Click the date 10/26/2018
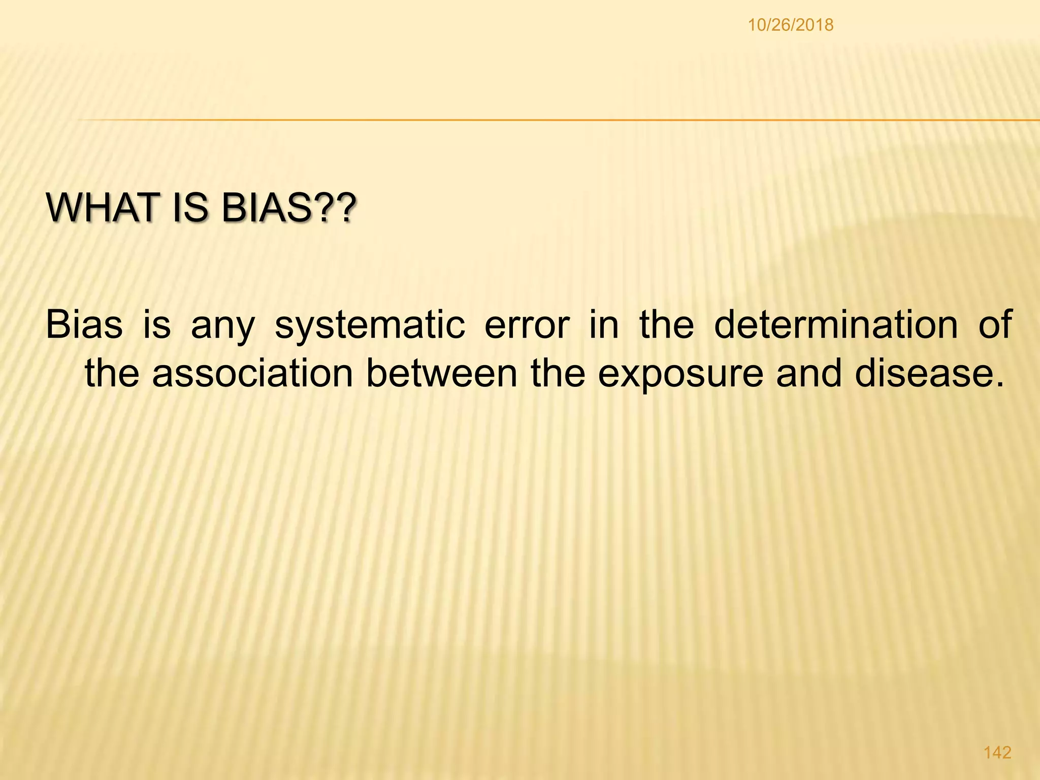coord(791,25)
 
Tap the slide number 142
coord(998,752)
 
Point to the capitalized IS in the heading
coord(189,208)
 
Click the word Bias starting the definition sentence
coord(84,325)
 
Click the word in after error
coord(604,325)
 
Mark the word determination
coord(835,325)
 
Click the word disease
coord(929,373)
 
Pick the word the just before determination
coord(666,325)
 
